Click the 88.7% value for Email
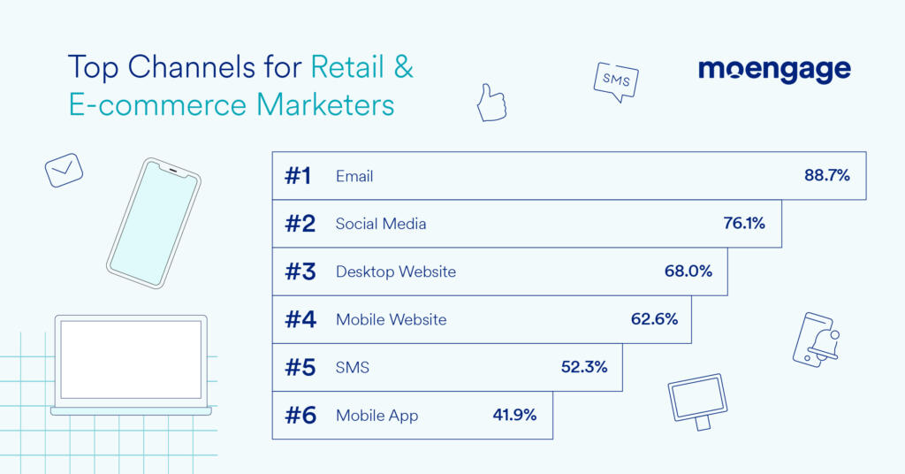[826, 175]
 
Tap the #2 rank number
[300, 224]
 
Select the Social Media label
[381, 224]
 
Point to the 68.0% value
[688, 271]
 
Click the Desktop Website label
[396, 271]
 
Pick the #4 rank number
[300, 319]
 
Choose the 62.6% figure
[654, 319]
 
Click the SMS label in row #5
[353, 367]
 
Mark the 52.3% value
[584, 367]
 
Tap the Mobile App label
[376, 415]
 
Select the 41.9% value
[514, 415]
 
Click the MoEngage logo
[774, 70]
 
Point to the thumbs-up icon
[491, 103]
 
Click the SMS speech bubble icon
[616, 80]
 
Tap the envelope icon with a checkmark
[64, 169]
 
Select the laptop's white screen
[131, 359]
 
